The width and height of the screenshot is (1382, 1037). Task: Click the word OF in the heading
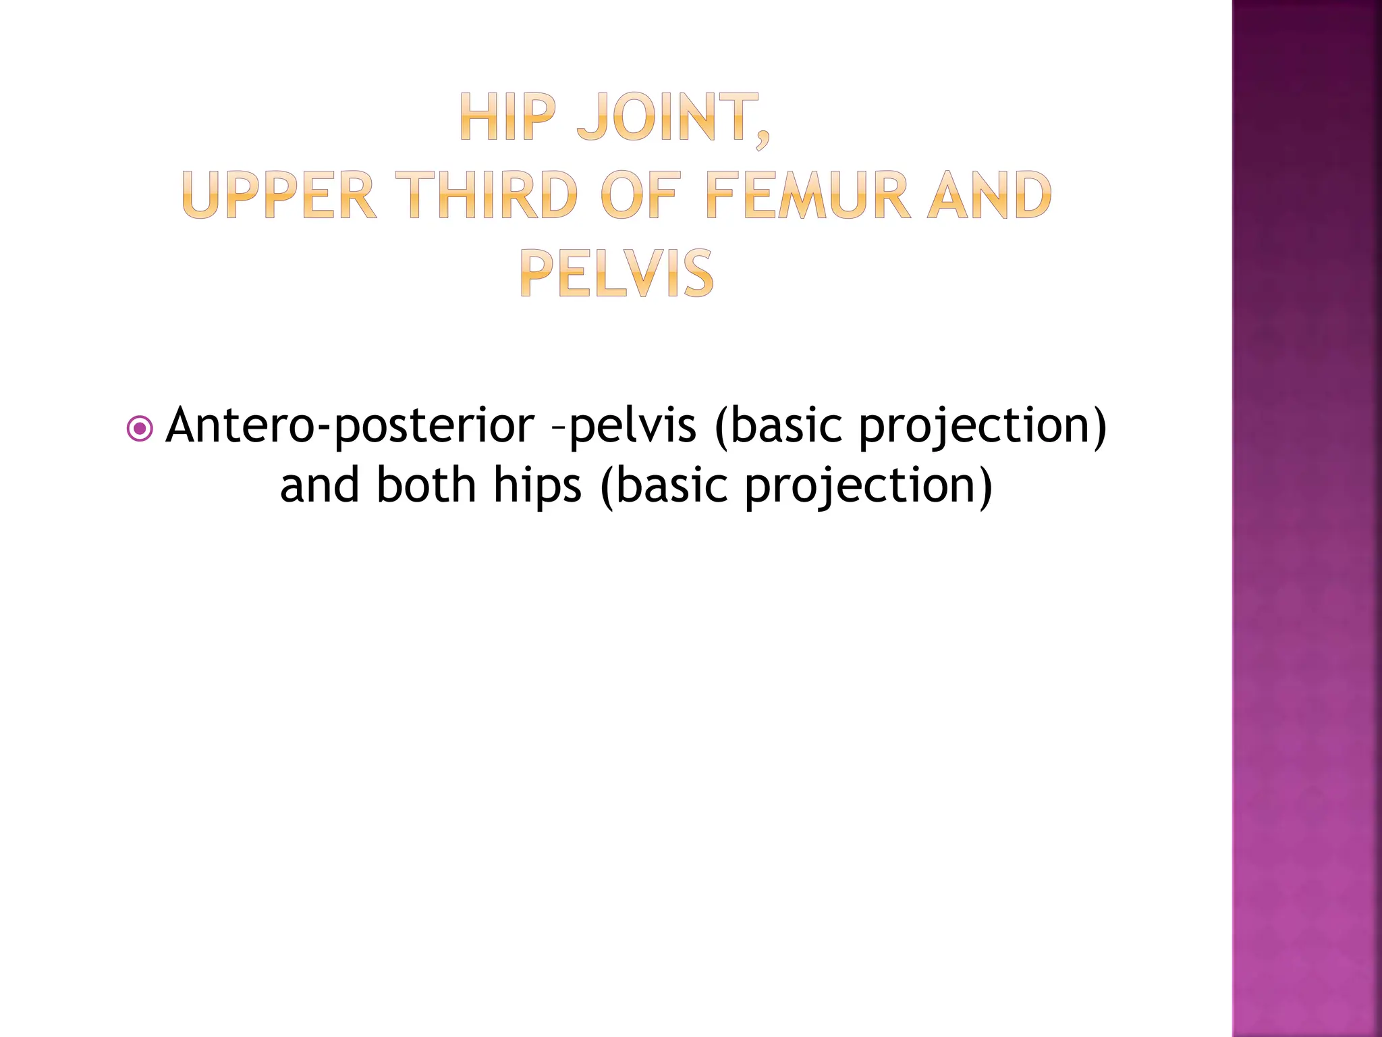coord(638,195)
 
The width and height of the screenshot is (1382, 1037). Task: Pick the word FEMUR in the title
coord(806,195)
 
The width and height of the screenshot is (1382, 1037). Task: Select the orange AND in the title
coord(989,195)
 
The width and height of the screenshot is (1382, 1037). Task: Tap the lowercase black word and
coord(320,485)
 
